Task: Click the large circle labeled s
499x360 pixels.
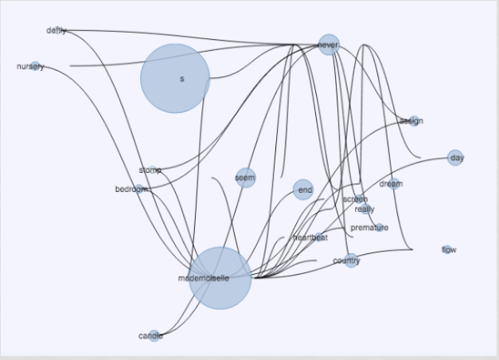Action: [x=175, y=78]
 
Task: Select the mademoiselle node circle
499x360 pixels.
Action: [x=220, y=278]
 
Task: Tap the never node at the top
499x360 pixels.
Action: [x=329, y=45]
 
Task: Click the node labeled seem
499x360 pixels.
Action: [x=246, y=178]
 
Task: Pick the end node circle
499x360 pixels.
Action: [x=303, y=190]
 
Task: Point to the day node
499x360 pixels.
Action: [x=455, y=158]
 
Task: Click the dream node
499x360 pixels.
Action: [x=395, y=184]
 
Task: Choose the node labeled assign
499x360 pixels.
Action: [x=412, y=121]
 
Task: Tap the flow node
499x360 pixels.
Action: [x=447, y=250]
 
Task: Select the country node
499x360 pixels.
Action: [x=351, y=260]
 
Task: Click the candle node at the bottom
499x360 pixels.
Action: [x=154, y=336]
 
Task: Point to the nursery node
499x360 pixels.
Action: [x=35, y=66]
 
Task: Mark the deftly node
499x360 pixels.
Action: [x=62, y=31]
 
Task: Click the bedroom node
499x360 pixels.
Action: [x=138, y=190]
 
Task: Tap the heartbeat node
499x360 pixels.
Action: [x=318, y=238]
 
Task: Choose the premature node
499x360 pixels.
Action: [x=379, y=228]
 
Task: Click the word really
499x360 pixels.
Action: [x=365, y=209]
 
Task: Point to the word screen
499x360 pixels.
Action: [x=355, y=199]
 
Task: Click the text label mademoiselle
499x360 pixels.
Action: [x=204, y=279]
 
